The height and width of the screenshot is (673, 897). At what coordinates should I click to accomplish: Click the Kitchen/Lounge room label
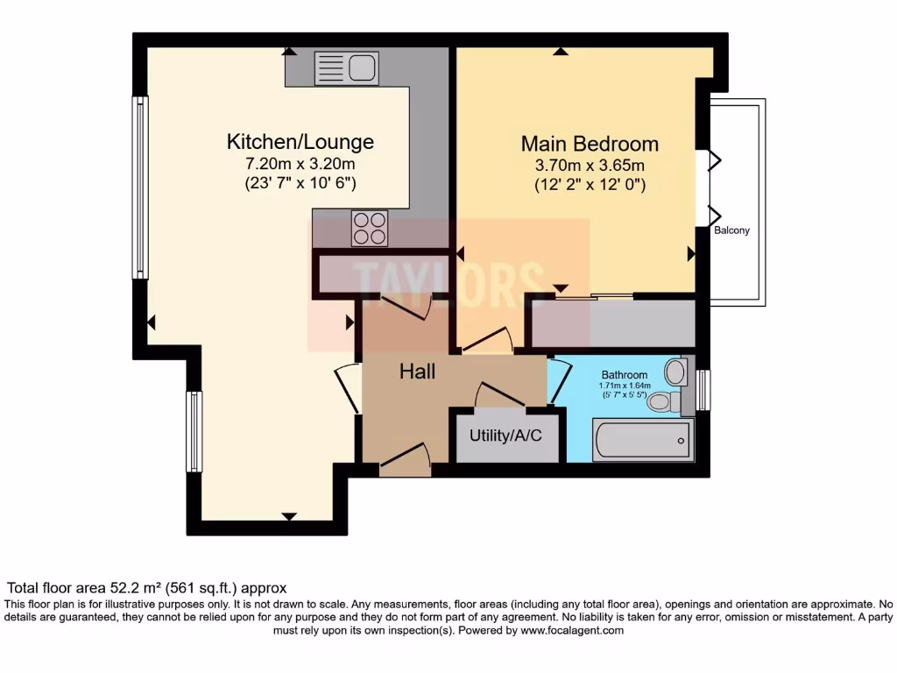300,142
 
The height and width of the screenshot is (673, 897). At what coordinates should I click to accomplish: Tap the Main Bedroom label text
590,144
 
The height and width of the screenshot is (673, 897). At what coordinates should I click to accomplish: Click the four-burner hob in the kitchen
370,229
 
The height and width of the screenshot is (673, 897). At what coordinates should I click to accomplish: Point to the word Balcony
731,231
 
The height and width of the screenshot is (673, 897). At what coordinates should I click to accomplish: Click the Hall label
418,372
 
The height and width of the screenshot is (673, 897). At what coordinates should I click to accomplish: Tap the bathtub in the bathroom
644,439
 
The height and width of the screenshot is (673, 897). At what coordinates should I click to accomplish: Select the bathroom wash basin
676,372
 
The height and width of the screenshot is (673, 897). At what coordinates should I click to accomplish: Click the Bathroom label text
625,375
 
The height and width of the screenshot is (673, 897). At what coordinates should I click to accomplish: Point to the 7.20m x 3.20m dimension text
300,164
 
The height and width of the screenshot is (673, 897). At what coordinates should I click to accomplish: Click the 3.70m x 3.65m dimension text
590,166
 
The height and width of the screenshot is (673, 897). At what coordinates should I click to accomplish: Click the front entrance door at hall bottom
404,461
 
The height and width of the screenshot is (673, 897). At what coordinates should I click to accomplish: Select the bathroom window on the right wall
703,389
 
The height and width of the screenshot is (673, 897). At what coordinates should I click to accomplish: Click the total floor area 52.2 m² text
147,588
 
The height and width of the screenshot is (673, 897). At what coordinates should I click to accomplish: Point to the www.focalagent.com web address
572,630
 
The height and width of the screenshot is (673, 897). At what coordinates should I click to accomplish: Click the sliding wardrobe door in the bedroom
594,297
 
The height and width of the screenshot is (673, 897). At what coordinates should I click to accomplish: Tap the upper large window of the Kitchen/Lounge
140,187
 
